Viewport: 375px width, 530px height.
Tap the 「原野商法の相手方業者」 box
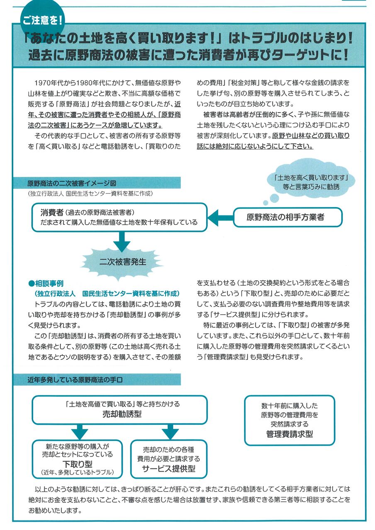click(x=287, y=217)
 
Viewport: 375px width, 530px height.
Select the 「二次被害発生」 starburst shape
click(x=123, y=262)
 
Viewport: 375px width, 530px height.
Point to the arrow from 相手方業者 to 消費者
click(x=219, y=217)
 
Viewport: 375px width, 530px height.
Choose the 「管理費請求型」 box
click(x=289, y=420)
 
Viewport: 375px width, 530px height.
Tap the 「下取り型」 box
click(x=78, y=458)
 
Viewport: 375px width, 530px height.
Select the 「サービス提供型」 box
click(x=168, y=458)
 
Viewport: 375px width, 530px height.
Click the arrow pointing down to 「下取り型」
click(x=78, y=431)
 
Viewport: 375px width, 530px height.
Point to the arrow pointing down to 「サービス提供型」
click(x=169, y=431)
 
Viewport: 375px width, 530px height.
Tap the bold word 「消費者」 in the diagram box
click(x=52, y=213)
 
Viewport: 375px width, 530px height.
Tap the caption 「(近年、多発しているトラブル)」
click(x=78, y=472)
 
